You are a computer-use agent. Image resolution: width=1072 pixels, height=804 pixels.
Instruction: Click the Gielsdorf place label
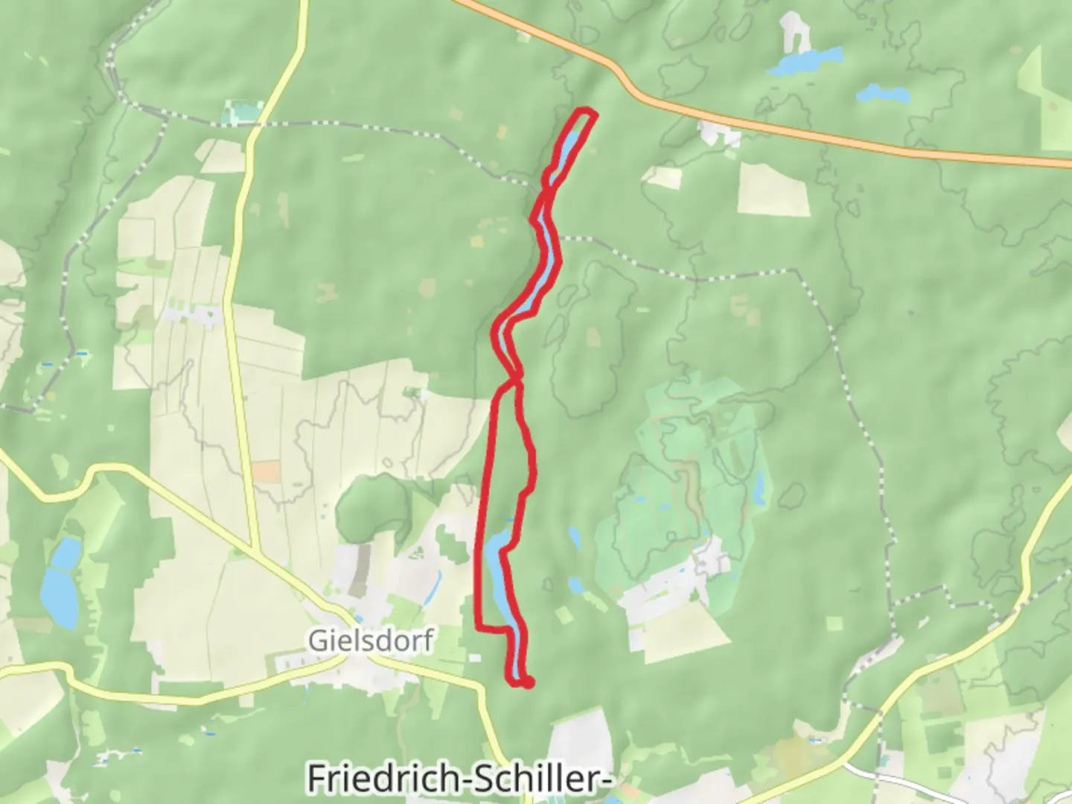pos(371,640)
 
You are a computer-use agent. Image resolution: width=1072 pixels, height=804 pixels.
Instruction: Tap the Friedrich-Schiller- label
pos(459,779)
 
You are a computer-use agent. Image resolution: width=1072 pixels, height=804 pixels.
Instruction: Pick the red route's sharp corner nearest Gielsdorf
pos(478,629)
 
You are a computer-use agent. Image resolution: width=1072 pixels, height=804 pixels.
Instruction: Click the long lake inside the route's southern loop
pos(497,573)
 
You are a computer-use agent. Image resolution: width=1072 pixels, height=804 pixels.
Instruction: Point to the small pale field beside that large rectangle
pos(662,178)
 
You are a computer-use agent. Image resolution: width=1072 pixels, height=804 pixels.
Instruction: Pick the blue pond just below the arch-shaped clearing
pos(804,61)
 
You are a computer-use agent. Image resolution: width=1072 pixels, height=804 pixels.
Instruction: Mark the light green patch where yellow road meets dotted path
pos(242,112)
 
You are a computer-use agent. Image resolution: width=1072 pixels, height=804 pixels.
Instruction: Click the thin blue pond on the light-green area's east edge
pos(759,488)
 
